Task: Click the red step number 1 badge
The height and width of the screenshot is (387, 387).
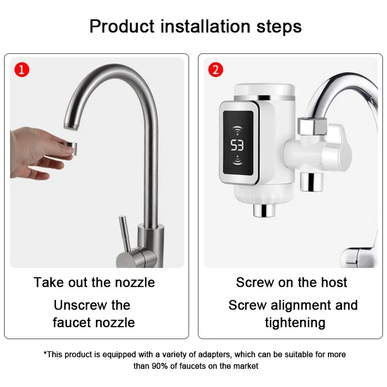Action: click(22, 70)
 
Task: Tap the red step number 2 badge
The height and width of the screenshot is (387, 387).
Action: click(216, 70)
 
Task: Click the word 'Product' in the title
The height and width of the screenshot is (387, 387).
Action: click(122, 26)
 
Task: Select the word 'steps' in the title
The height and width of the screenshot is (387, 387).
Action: click(279, 27)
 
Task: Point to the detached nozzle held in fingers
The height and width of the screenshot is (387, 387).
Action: click(70, 148)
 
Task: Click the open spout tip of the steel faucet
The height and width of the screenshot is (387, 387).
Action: click(71, 125)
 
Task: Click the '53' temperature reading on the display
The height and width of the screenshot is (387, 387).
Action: click(237, 145)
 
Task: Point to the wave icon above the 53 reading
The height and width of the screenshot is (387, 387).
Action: click(238, 130)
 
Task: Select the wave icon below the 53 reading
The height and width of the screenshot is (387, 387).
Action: click(238, 160)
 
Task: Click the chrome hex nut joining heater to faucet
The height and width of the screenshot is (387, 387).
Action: click(312, 126)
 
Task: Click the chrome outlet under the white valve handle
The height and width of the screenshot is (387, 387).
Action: click(312, 182)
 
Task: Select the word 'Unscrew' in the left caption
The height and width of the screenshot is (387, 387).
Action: click(80, 305)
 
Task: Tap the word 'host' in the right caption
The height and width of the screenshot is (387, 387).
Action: click(334, 282)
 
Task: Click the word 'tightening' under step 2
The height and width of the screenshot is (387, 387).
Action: click(295, 323)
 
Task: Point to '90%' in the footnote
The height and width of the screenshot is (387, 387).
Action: click(160, 366)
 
